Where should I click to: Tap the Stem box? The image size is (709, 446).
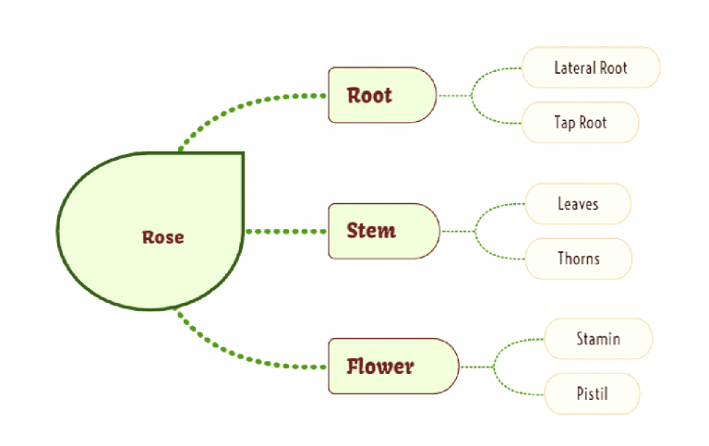coord(383,231)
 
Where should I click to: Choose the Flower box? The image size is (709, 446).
coord(392,367)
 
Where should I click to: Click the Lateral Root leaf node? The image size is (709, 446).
coord(591,67)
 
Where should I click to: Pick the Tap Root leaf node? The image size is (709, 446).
coord(581,122)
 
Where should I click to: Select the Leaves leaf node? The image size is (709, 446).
coord(578,203)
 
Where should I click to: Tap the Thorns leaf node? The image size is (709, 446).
coord(578,259)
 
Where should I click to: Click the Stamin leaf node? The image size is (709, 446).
coord(598,339)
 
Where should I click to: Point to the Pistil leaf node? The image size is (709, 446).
coord(591,393)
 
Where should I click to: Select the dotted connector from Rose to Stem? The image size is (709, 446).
coord(286,231)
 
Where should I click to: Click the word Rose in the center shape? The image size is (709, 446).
coord(162,237)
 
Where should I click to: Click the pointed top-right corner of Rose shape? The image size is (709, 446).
coord(242,154)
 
